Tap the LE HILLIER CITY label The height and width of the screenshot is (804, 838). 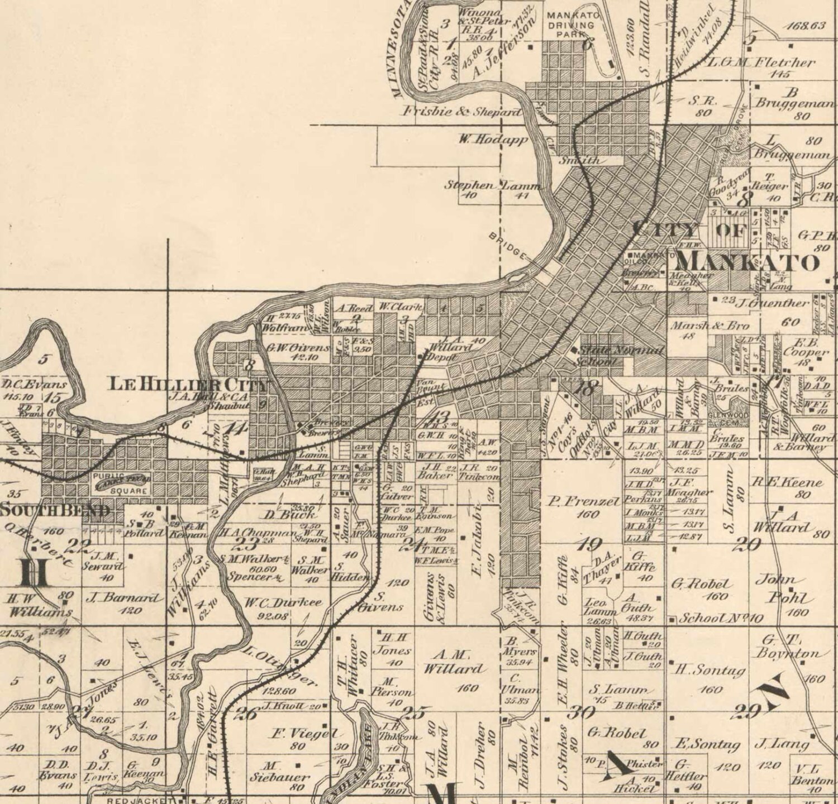(188, 384)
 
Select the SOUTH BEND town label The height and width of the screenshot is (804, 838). (54, 510)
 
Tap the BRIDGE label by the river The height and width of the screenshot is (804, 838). (508, 245)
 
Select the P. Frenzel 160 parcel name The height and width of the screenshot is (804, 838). (584, 502)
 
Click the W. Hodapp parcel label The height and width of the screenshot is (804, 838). (493, 140)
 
